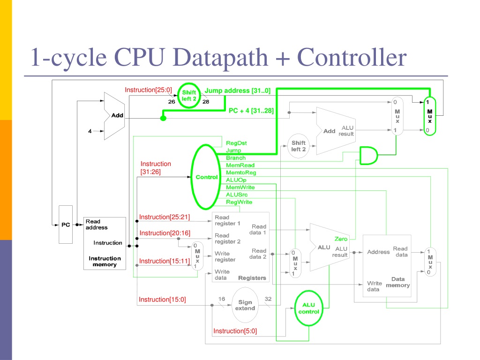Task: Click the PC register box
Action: pyautogui.click(x=66, y=225)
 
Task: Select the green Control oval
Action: pyautogui.click(x=192, y=177)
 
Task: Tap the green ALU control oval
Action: pyautogui.click(x=308, y=308)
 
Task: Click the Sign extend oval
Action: pyautogui.click(x=245, y=305)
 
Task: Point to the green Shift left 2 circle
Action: pyautogui.click(x=189, y=96)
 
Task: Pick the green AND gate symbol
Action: pyautogui.click(x=368, y=156)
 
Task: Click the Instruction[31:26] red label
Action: pyautogui.click(x=156, y=168)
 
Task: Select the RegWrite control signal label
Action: pyautogui.click(x=239, y=202)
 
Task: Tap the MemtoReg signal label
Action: pyautogui.click(x=241, y=172)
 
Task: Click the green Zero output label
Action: pyautogui.click(x=341, y=239)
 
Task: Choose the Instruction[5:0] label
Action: pyautogui.click(x=235, y=331)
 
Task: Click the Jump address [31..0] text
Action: pyautogui.click(x=238, y=90)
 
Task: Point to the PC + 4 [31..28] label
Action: pyautogui.click(x=251, y=111)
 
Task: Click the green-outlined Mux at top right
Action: pyautogui.click(x=430, y=116)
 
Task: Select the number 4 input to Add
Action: pyautogui.click(x=90, y=131)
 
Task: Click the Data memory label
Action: pyautogui.click(x=397, y=282)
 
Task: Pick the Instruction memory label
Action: pyautogui.click(x=105, y=262)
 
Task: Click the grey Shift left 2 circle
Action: pyautogui.click(x=298, y=146)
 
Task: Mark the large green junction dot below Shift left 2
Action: pyautogui.click(x=163, y=118)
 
